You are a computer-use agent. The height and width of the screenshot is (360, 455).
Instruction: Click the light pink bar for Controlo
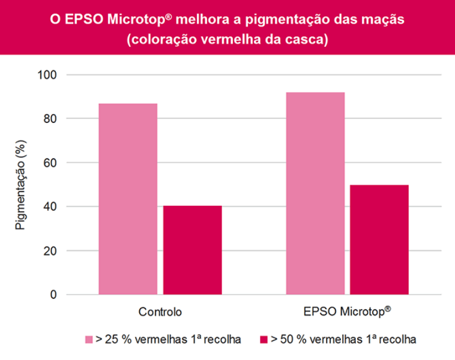(x=128, y=199)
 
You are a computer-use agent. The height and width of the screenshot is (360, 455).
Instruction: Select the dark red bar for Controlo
(x=192, y=250)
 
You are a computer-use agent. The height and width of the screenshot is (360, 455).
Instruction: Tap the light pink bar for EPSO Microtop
(x=315, y=193)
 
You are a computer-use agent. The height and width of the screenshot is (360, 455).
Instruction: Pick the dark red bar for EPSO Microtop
(x=379, y=239)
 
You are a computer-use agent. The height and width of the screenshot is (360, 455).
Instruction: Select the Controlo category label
(x=160, y=312)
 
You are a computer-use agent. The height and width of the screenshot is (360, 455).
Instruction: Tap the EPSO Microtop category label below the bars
(x=348, y=312)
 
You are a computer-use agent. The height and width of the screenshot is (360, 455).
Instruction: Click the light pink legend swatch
(x=89, y=340)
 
